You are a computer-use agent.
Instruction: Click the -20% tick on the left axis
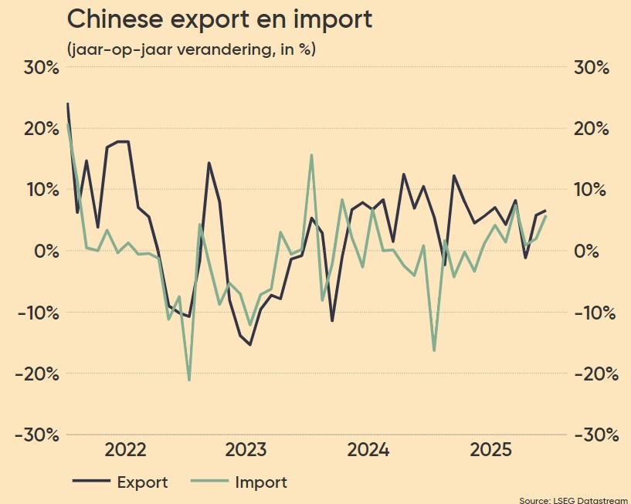click(35, 374)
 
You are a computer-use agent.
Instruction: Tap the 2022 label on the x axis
click(126, 450)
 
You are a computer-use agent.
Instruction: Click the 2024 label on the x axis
click(369, 450)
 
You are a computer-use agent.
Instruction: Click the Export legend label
click(142, 482)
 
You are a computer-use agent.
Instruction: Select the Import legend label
click(261, 482)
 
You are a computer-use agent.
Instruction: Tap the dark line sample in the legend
click(90, 482)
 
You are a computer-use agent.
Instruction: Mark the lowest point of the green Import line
click(189, 380)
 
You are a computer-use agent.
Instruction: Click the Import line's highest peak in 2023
click(311, 155)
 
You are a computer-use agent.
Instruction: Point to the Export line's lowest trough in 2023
click(250, 344)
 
